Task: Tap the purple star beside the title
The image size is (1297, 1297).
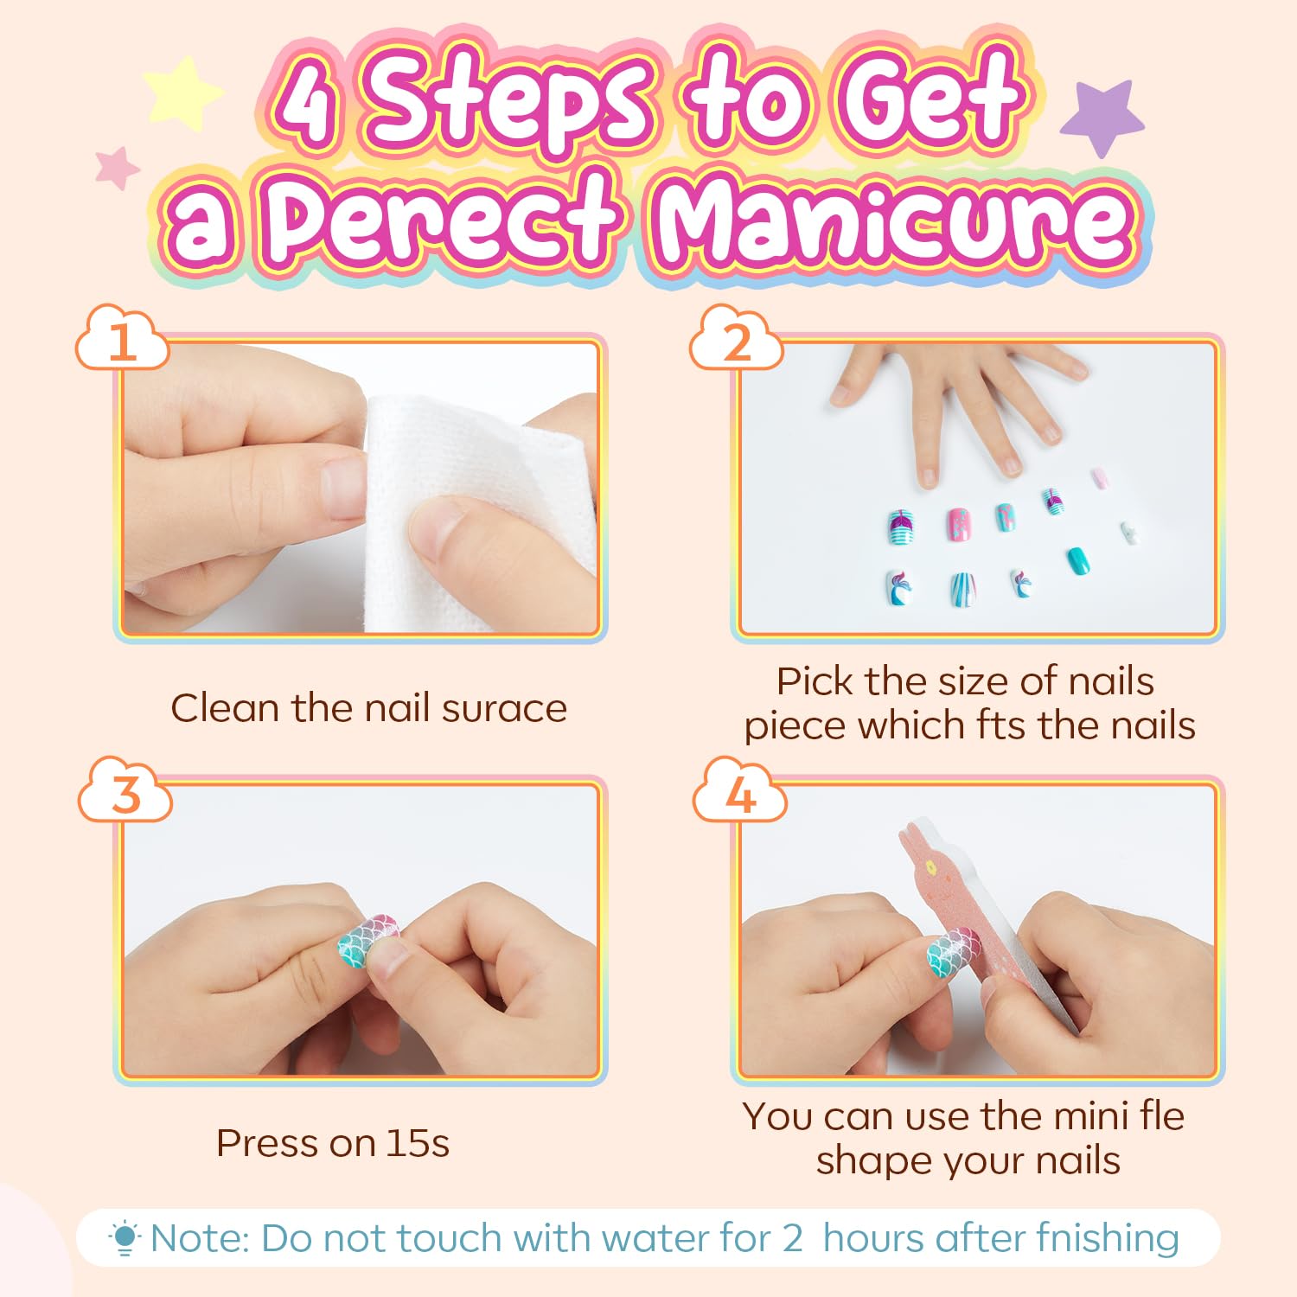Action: tap(1103, 116)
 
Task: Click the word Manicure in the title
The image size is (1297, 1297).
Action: tap(895, 221)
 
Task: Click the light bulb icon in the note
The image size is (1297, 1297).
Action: tap(125, 1238)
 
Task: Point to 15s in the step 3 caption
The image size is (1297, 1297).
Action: tap(418, 1143)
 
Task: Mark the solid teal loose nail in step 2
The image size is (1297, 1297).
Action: tap(1078, 560)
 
